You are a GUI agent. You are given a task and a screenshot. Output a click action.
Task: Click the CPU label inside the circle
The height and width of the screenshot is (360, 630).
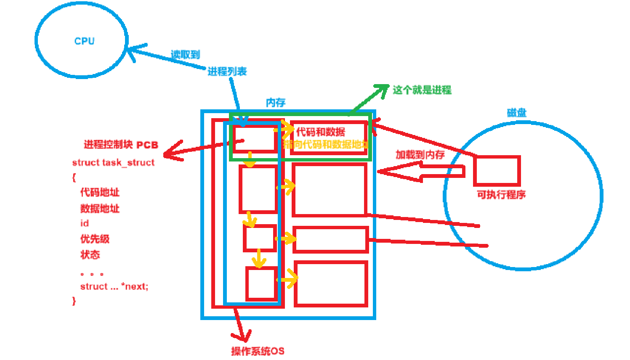tap(84, 41)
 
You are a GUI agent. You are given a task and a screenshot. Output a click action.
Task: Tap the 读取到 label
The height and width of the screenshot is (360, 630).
tap(185, 55)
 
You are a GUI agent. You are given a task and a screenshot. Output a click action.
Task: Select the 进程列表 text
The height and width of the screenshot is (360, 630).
tap(227, 71)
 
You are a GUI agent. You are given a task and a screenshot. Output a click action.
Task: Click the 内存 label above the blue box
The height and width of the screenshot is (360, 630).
tap(276, 103)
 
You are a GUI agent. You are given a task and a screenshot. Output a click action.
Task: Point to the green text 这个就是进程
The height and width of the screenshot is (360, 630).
tap(422, 90)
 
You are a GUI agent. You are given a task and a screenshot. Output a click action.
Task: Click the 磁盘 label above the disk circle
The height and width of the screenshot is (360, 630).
tap(516, 113)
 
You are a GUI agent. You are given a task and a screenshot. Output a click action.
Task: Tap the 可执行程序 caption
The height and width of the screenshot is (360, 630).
tap(501, 195)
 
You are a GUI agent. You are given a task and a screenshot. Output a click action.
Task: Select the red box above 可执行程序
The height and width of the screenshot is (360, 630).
tap(497, 171)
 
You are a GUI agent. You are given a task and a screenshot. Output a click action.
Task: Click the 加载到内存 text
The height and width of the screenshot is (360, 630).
tap(420, 155)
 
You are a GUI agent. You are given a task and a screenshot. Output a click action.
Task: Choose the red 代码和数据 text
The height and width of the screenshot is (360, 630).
tap(321, 132)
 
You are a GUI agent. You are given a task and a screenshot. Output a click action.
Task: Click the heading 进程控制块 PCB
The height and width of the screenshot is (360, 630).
tap(121, 145)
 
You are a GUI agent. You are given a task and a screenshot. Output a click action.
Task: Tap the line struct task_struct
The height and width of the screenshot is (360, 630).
tap(113, 163)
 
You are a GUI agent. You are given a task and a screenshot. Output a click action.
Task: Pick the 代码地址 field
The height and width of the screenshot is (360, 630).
tap(100, 193)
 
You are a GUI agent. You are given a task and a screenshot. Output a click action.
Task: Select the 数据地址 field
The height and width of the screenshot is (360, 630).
tap(100, 208)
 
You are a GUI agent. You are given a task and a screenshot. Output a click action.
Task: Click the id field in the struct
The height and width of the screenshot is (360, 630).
tap(85, 223)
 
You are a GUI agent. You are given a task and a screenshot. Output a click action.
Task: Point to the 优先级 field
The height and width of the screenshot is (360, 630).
tap(95, 239)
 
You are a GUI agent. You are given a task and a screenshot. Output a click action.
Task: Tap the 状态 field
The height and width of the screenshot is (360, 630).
tap(90, 254)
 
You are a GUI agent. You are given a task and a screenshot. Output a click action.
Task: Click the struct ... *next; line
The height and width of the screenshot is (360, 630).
tap(114, 287)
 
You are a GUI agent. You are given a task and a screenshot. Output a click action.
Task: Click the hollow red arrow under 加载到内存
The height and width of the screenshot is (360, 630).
tap(421, 171)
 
